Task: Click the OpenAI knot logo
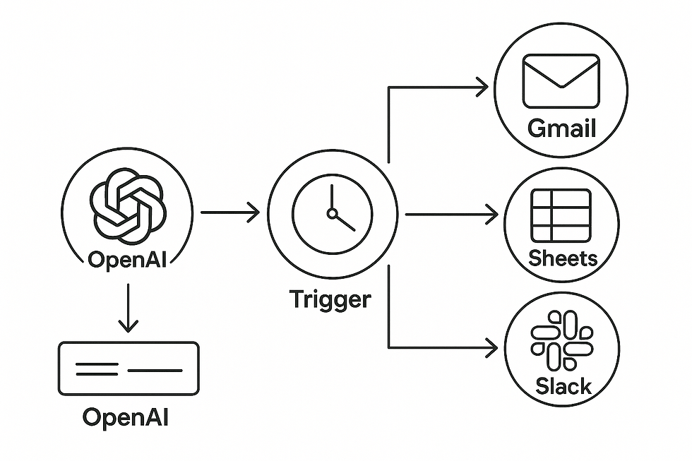pyautogui.click(x=127, y=204)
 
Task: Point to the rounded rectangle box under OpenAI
pyautogui.click(x=129, y=368)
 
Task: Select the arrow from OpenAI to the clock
pyautogui.click(x=230, y=212)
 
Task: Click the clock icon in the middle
pyautogui.click(x=331, y=212)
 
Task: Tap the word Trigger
pyautogui.click(x=330, y=299)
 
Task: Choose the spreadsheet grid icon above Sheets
pyautogui.click(x=561, y=215)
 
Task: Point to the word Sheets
pyautogui.click(x=562, y=258)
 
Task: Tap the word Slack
pyautogui.click(x=563, y=385)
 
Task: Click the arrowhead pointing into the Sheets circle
pyautogui.click(x=489, y=212)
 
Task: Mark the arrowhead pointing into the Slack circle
pyautogui.click(x=489, y=347)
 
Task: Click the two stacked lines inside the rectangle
pyautogui.click(x=97, y=368)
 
